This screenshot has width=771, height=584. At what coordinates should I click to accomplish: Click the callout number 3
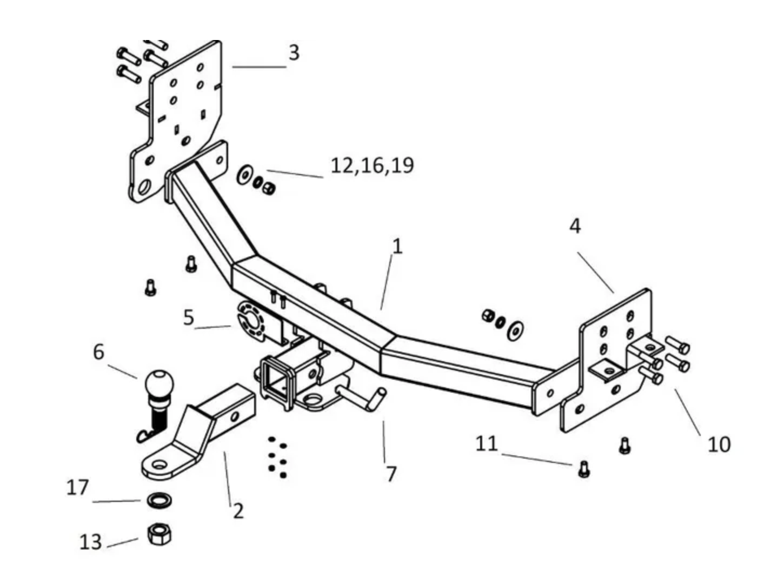click(x=294, y=53)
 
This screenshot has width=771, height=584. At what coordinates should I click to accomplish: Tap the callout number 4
click(x=575, y=225)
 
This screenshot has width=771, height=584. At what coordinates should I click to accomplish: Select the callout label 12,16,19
click(x=372, y=165)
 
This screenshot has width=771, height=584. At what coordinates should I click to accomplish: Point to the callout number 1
click(x=397, y=247)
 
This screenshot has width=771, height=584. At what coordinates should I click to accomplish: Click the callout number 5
click(x=188, y=317)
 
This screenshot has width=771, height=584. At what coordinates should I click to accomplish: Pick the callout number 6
click(x=98, y=352)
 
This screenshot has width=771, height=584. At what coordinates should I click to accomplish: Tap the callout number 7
click(x=391, y=474)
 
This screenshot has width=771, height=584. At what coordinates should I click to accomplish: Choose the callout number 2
click(x=238, y=510)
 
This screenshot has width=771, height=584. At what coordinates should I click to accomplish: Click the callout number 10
click(x=719, y=444)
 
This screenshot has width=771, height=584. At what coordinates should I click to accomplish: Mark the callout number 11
click(x=486, y=444)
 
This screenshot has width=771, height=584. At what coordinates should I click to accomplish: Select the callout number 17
click(x=77, y=488)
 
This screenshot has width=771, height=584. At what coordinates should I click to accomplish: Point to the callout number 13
click(x=90, y=542)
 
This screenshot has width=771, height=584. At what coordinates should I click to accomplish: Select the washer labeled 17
click(x=158, y=500)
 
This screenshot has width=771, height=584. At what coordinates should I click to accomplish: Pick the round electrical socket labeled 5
click(x=249, y=322)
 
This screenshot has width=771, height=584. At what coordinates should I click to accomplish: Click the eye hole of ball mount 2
click(x=159, y=465)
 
